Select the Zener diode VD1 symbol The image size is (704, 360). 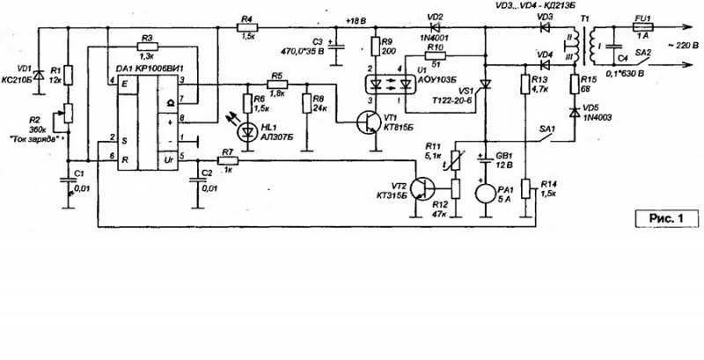click(x=38, y=68)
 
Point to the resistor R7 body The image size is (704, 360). click(x=227, y=159)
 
